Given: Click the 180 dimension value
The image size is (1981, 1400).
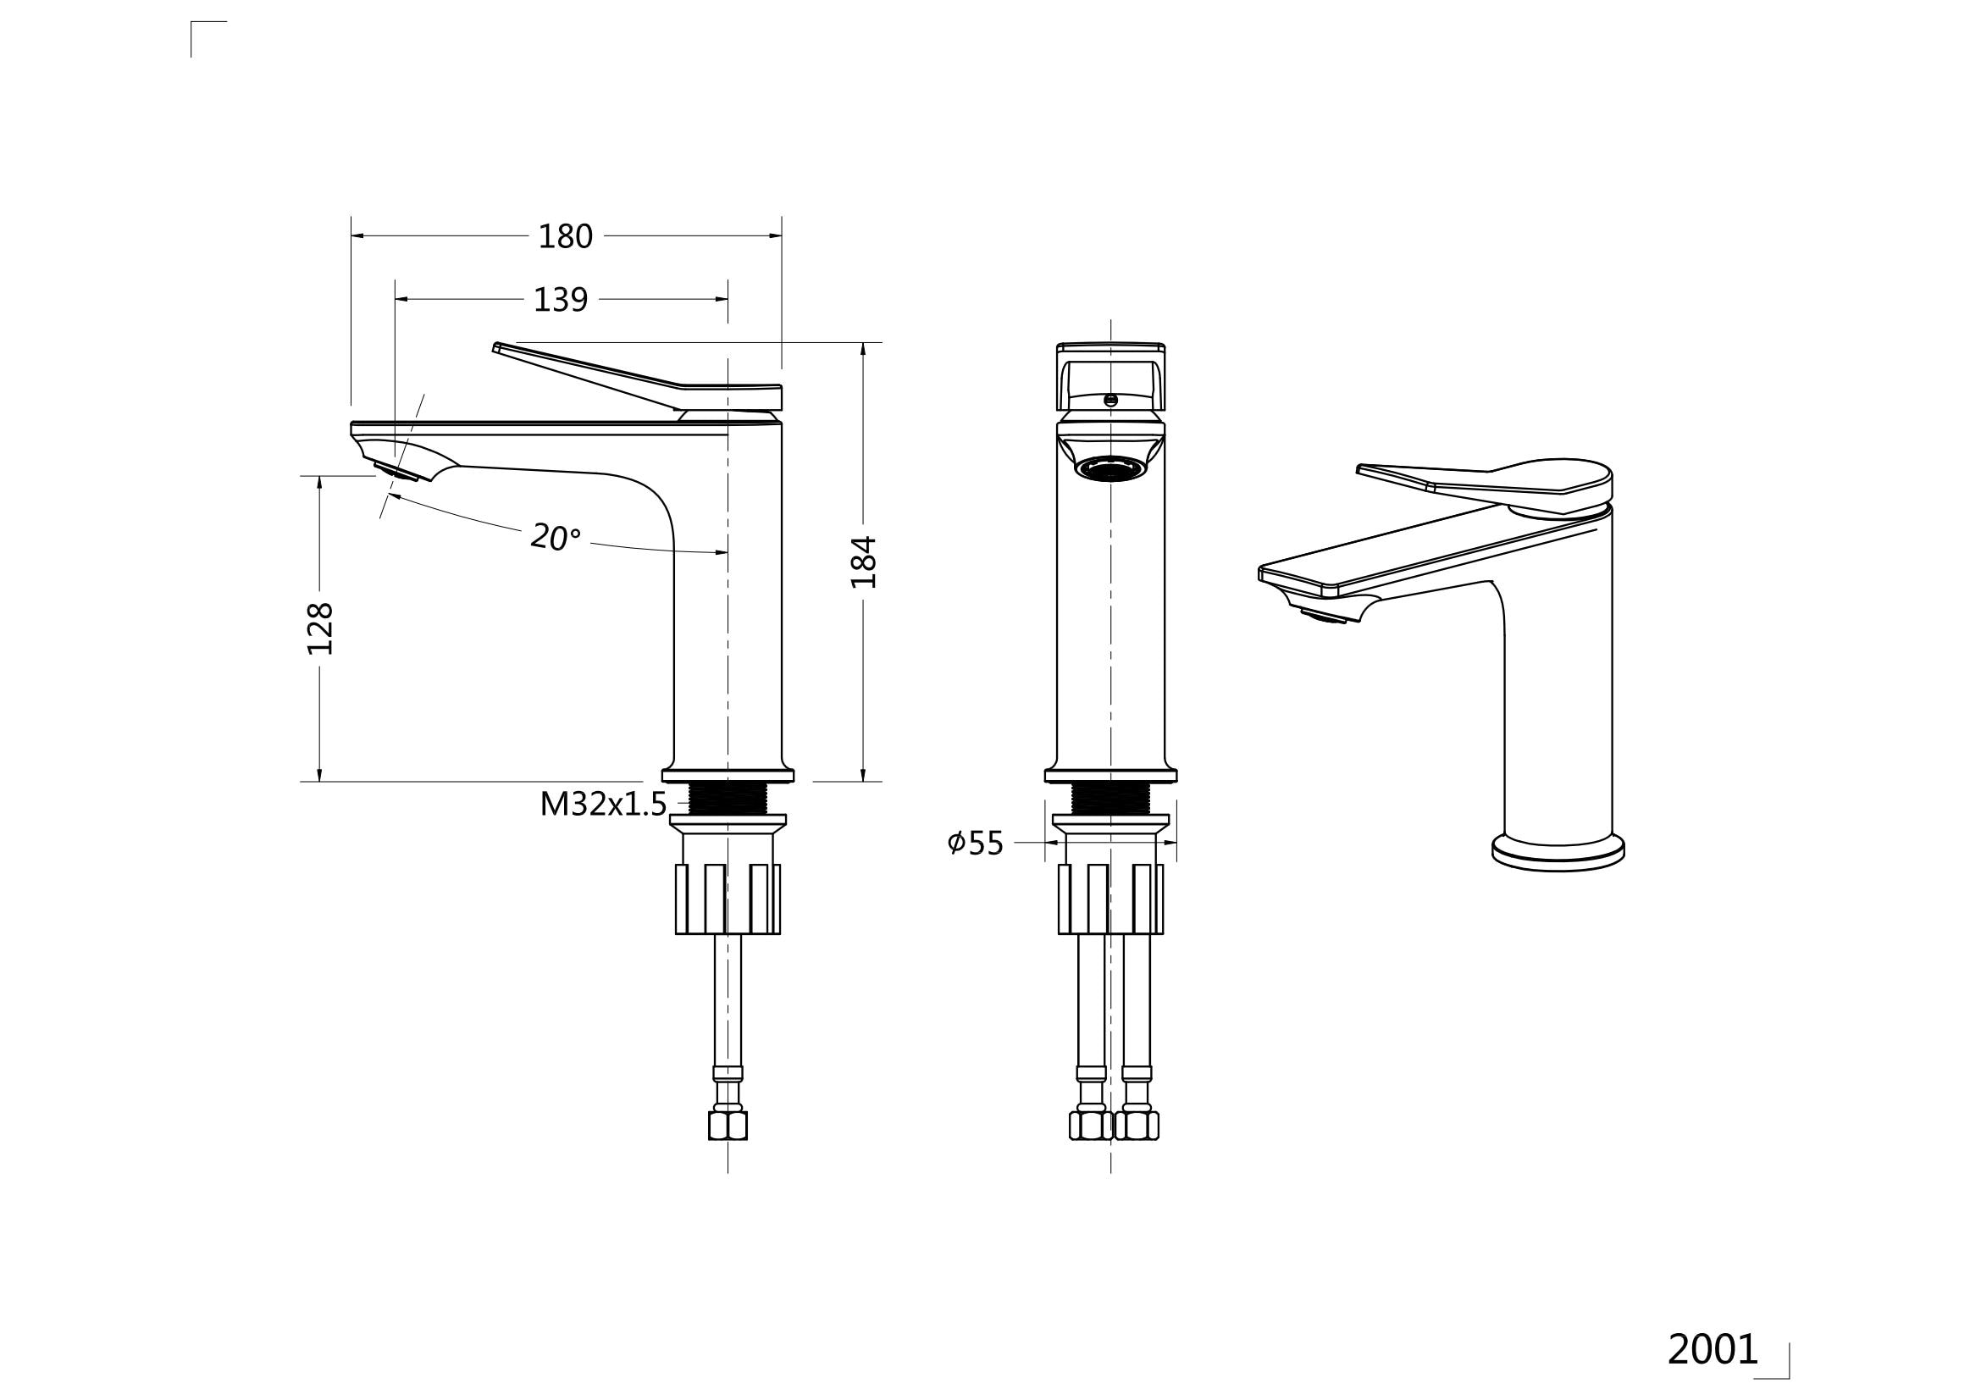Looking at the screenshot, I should point(565,236).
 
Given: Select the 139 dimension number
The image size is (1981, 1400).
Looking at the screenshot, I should point(560,300).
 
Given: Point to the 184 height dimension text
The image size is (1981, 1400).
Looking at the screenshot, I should point(864,562).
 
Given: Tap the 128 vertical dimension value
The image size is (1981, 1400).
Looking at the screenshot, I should point(320,628).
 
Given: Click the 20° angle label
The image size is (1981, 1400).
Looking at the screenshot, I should point(555,536).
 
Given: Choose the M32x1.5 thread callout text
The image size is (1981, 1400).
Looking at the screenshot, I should point(603,804).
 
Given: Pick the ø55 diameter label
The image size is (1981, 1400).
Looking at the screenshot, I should point(975,843).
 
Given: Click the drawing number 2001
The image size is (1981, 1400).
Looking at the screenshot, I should point(1712,1349).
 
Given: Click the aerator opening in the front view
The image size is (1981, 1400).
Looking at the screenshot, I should point(1110,469).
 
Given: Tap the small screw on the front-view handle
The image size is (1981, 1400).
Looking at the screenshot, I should point(1110,400).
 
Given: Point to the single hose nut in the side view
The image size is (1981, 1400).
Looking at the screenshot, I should point(728,1125).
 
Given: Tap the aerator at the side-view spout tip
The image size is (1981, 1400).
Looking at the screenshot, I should point(396,471).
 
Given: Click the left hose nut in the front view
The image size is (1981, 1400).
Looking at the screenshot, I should point(1091,1125).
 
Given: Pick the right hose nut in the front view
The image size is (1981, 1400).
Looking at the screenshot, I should point(1137,1125).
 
